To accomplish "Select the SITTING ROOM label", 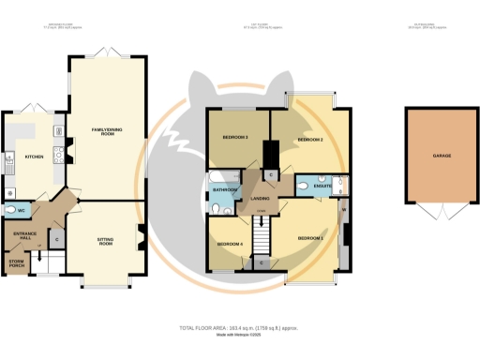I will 105,241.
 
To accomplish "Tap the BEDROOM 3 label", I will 234,137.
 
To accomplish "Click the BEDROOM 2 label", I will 310,139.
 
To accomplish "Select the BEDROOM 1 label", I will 310,238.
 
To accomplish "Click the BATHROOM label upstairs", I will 224,190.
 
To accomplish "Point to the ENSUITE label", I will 322,186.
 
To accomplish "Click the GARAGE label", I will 442,156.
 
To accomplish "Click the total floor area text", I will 239,328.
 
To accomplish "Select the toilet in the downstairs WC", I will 10,210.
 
